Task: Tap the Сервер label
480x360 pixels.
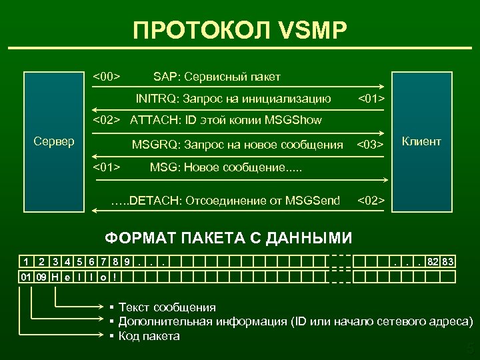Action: (54, 141)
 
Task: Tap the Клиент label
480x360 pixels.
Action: (421, 141)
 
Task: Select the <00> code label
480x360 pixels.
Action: (106, 77)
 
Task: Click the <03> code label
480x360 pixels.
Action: (371, 145)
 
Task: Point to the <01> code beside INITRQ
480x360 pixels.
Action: (371, 99)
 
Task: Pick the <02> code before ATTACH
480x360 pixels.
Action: (106, 121)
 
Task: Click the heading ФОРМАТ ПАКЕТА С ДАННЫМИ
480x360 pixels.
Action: (229, 238)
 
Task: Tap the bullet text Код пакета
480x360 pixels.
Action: (149, 336)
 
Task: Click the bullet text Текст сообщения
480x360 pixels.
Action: (167, 307)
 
